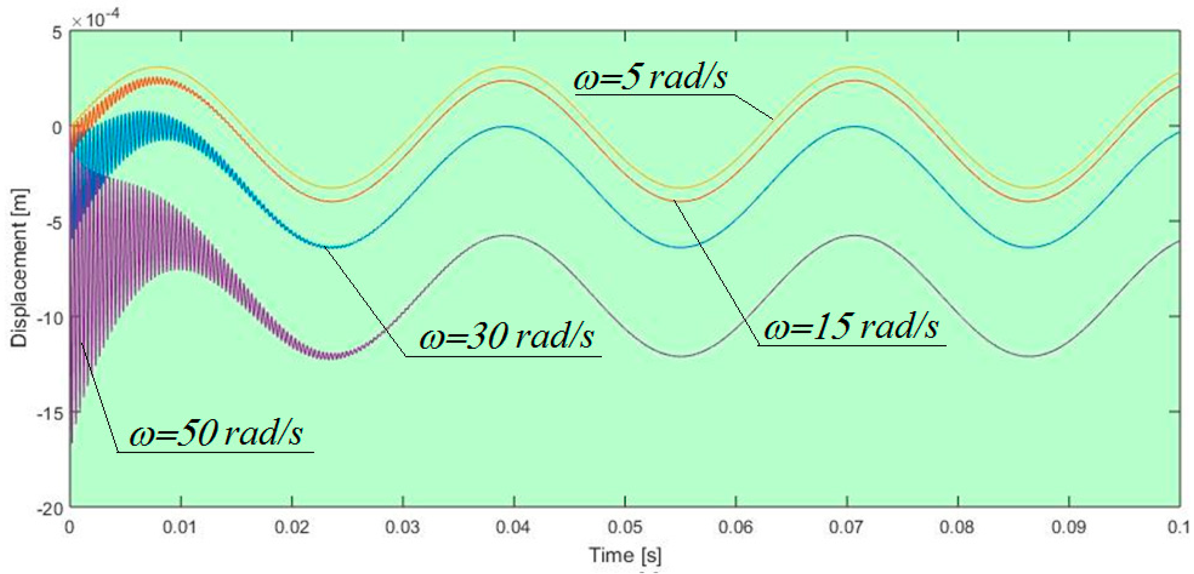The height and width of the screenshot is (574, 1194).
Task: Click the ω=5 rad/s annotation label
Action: tap(650, 77)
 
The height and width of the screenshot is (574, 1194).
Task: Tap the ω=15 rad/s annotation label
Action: tap(851, 327)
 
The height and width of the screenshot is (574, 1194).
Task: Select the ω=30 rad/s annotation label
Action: tap(506, 337)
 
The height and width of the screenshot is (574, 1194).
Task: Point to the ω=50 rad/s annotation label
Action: tap(216, 434)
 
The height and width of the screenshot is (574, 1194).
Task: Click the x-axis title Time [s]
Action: tap(625, 555)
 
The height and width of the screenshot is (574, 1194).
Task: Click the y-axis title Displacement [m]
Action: tap(19, 268)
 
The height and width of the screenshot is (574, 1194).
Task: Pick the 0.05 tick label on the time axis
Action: tap(625, 527)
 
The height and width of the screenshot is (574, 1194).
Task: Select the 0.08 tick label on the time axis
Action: tap(958, 527)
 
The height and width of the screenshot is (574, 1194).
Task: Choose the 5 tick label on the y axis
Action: tap(57, 33)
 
